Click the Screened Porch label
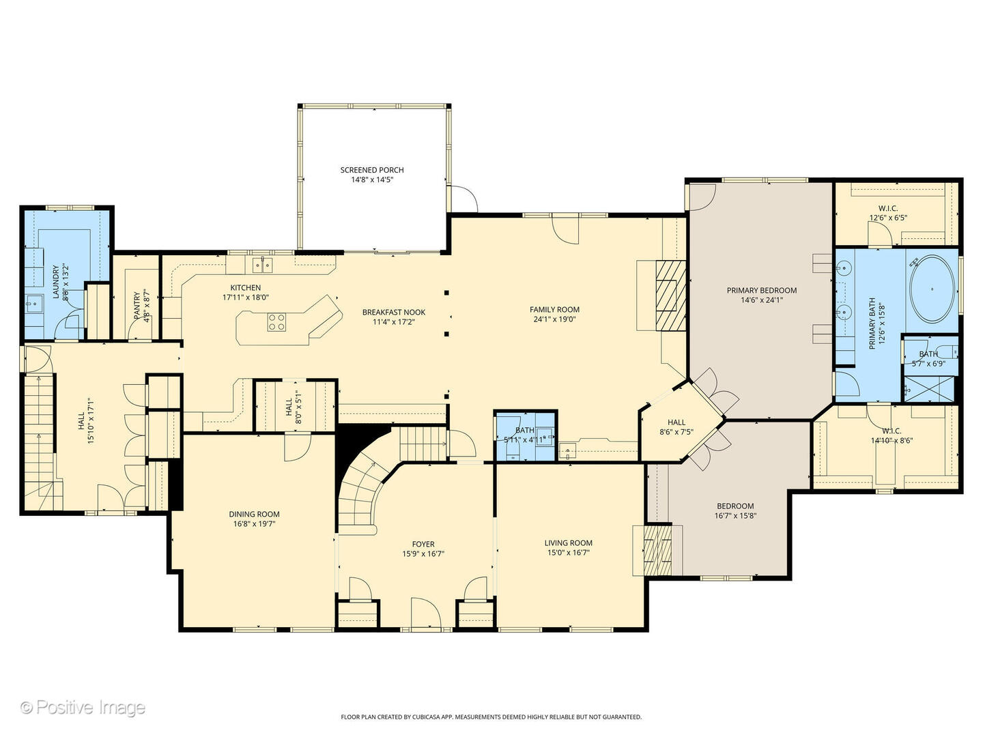tap(372, 170)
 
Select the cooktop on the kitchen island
tap(276, 322)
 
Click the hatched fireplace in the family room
tap(669, 295)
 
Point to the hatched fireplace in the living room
tap(658, 549)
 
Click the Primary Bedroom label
tap(761, 290)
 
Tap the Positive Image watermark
tap(83, 707)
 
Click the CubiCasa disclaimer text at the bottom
tap(491, 717)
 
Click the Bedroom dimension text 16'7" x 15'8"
tap(735, 516)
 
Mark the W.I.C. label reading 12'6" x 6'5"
tap(887, 218)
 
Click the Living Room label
tap(568, 543)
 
